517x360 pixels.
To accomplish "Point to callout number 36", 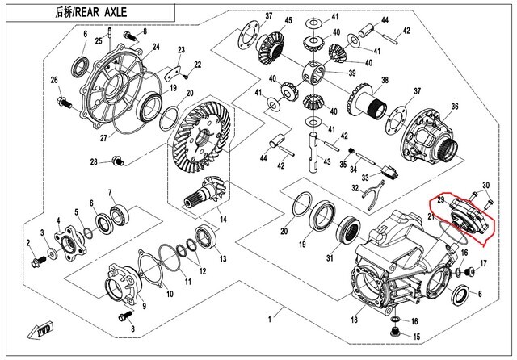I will point(454,107).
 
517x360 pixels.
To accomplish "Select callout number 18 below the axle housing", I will point(353,320).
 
